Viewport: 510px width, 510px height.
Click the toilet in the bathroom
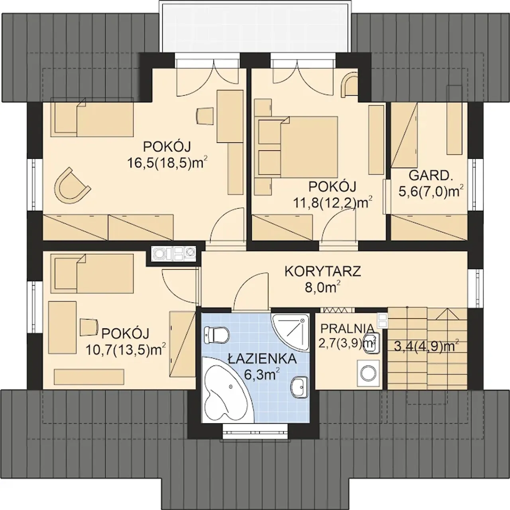pyautogui.click(x=216, y=335)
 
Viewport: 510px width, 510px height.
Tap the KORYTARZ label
pyautogui.click(x=323, y=271)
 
